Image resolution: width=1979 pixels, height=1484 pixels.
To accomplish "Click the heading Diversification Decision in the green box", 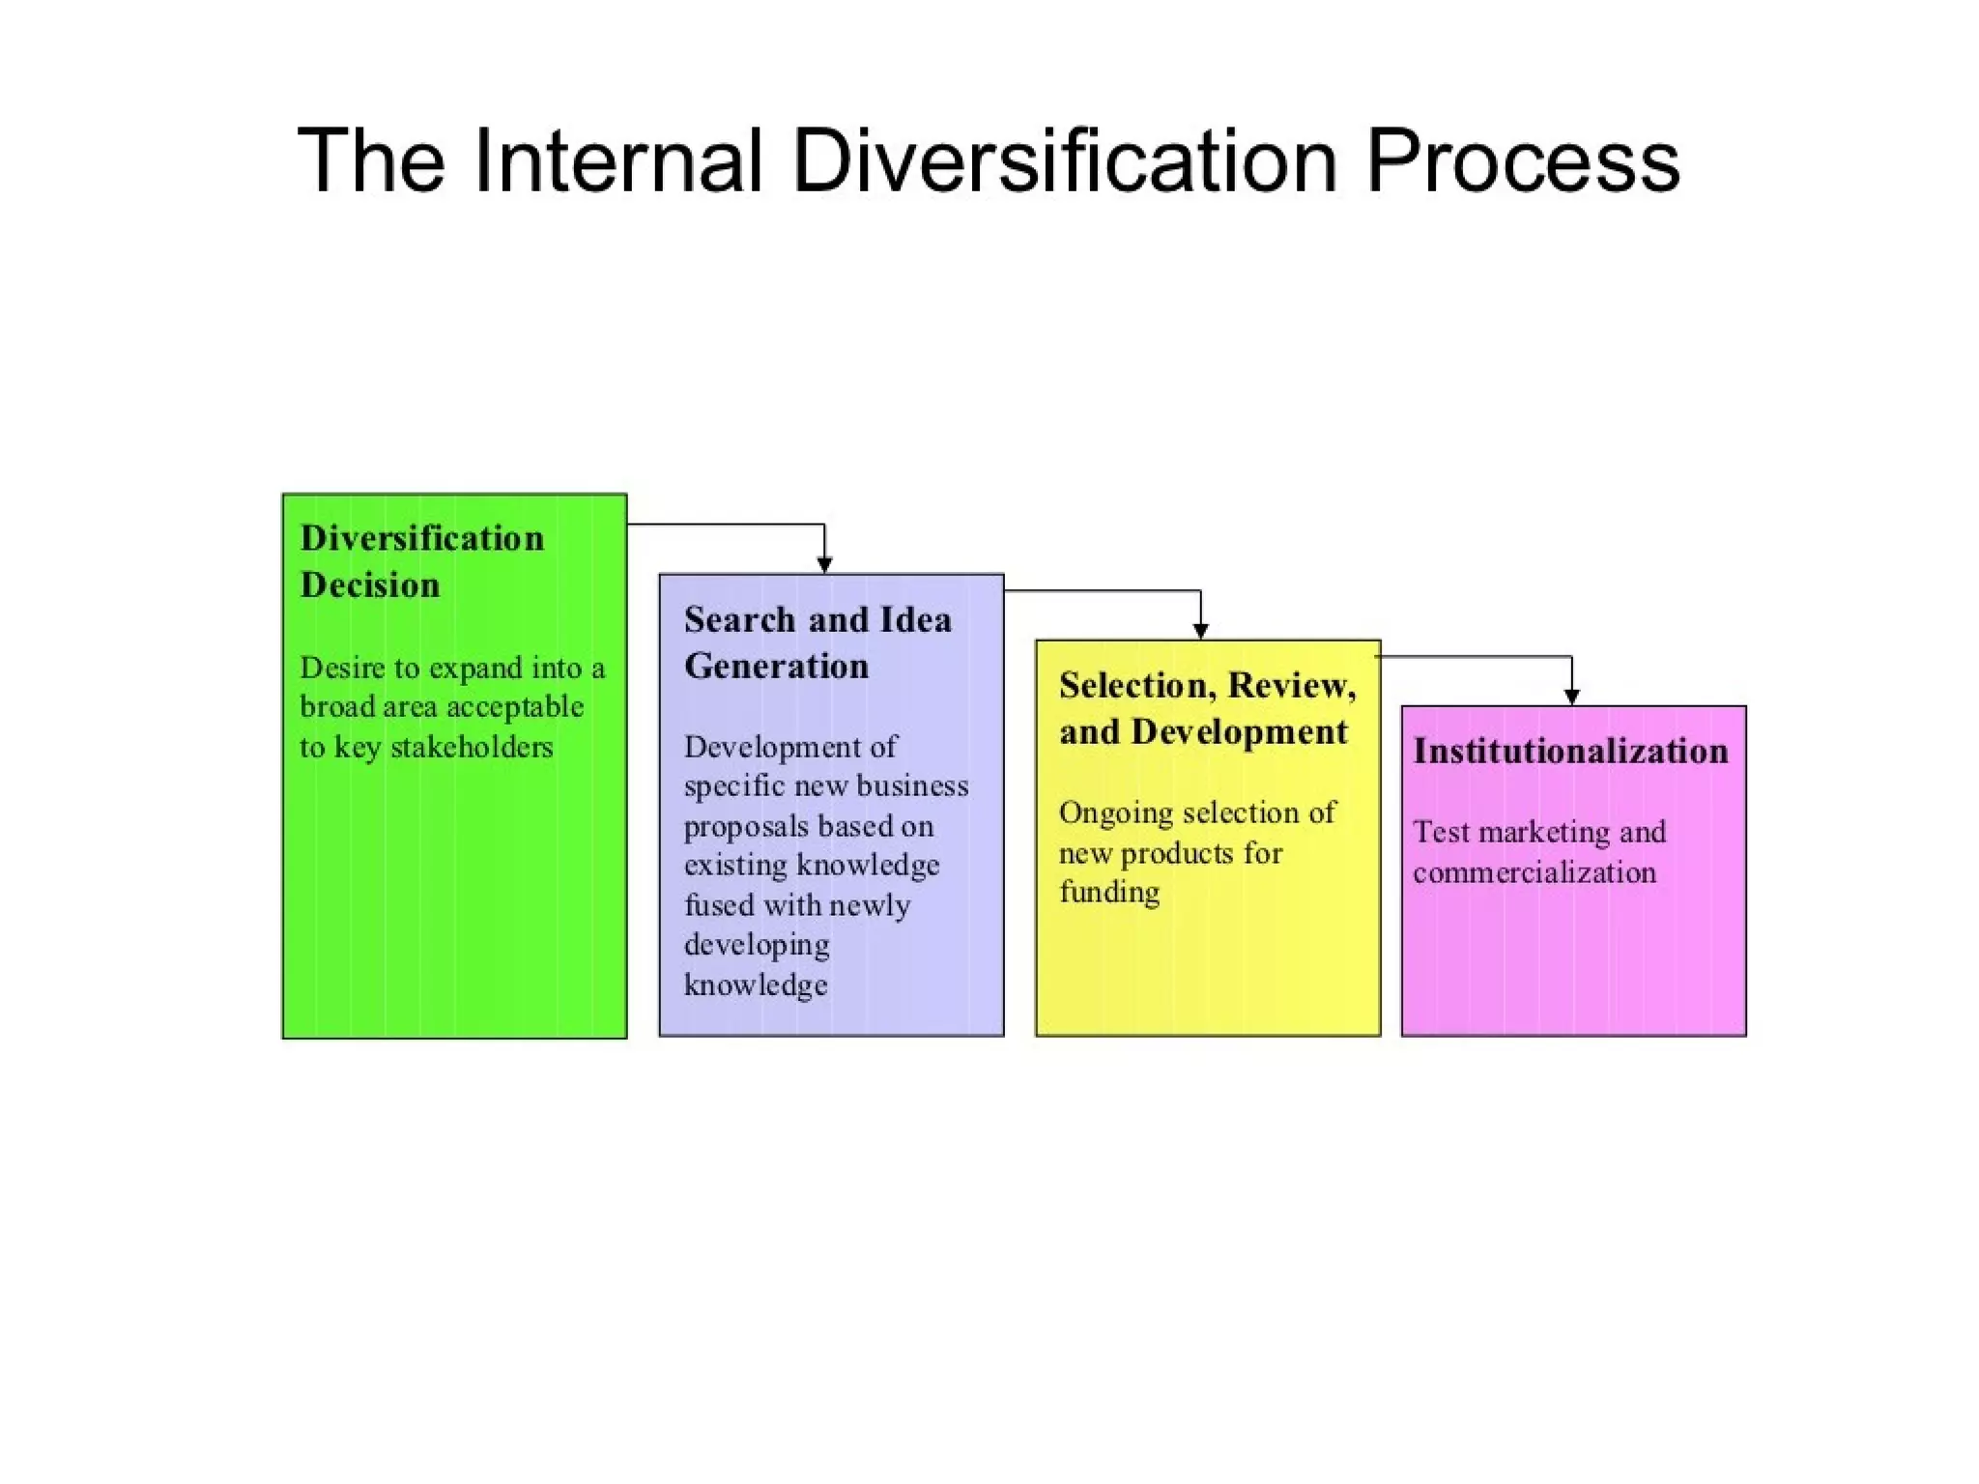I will click(x=421, y=561).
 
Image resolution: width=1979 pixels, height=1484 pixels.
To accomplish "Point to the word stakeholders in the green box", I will click(x=472, y=747).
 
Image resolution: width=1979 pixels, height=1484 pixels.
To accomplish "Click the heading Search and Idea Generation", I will click(x=817, y=642).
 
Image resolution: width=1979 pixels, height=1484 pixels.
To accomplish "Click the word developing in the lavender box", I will click(x=757, y=945).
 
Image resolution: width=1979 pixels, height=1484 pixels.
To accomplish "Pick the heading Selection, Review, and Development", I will click(x=1207, y=708).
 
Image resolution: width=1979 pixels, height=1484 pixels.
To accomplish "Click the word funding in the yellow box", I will click(x=1109, y=893).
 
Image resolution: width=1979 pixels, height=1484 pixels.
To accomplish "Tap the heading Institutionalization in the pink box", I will click(x=1570, y=751).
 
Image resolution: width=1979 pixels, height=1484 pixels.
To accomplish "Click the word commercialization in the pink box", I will click(x=1534, y=872).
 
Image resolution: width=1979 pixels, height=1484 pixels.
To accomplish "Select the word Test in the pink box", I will click(x=1441, y=832).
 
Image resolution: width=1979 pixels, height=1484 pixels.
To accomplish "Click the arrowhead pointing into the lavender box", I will click(x=824, y=565).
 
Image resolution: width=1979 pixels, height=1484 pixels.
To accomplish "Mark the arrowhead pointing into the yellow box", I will click(x=1201, y=631).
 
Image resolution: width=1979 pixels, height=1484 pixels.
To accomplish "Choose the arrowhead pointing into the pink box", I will click(x=1572, y=697).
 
